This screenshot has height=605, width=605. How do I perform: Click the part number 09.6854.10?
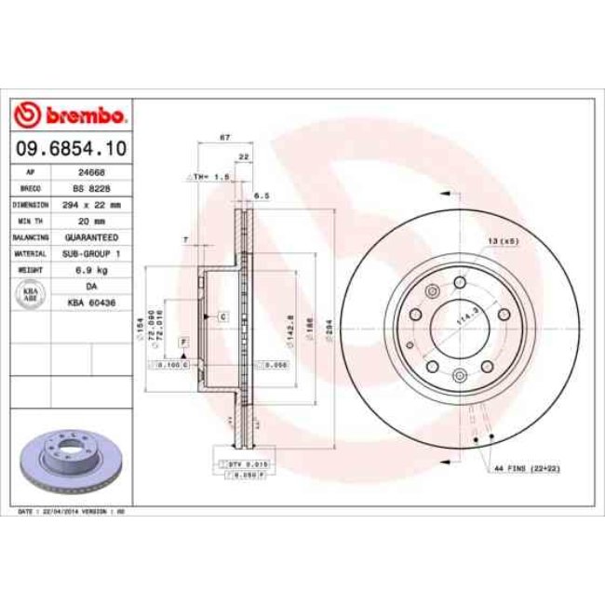(71, 148)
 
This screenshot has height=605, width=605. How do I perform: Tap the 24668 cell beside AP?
(90, 171)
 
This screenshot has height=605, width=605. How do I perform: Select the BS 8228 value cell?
(90, 187)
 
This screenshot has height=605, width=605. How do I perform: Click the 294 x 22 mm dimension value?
(91, 203)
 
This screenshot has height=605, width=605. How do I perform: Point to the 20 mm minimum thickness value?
(91, 220)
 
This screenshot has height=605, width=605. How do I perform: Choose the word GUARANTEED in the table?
(91, 236)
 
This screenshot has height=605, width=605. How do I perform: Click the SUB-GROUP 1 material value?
(91, 252)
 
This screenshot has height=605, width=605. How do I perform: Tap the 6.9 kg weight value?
(91, 269)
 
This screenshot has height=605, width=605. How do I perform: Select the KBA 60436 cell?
(91, 302)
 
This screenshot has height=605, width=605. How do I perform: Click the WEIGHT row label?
(25, 269)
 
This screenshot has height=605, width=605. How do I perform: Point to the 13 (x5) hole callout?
(501, 242)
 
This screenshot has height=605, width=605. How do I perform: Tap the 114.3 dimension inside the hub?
(462, 321)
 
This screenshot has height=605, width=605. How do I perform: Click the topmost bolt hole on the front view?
(460, 283)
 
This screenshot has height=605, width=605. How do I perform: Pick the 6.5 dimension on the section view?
(262, 196)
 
